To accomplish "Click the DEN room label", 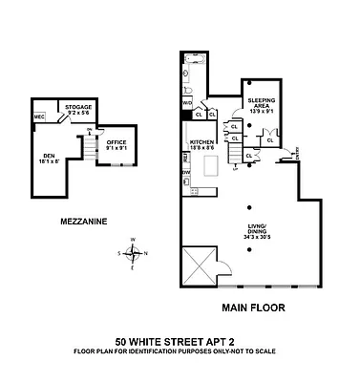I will [48, 159].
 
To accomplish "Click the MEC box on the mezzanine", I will [39, 117].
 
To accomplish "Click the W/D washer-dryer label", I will [187, 102].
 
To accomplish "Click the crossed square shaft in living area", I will [202, 263].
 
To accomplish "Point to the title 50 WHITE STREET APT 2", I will [175, 340].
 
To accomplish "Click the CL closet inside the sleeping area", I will [270, 139].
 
